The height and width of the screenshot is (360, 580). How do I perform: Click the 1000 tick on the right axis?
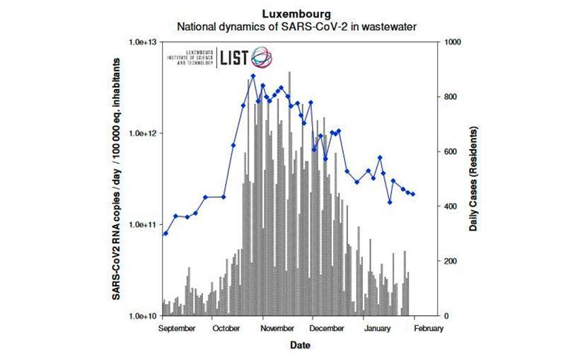coord(451,42)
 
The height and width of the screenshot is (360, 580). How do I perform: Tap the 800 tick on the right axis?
coord(448,97)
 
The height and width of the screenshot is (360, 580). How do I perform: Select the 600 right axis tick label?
coord(448,152)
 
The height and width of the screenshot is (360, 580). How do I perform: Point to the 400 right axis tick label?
coord(448,207)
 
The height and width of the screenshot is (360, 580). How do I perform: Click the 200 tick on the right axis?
coord(448,262)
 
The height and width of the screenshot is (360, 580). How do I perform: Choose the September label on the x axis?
coord(178,329)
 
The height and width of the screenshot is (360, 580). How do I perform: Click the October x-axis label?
coord(226,329)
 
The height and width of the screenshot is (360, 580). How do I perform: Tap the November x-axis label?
coord(277,329)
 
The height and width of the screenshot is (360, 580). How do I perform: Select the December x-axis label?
coord(327,329)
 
